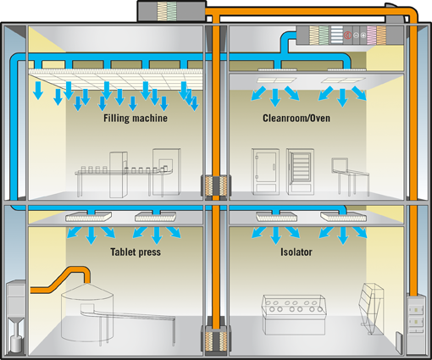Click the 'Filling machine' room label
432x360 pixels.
coord(136,118)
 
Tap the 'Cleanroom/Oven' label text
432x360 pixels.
coord(296,118)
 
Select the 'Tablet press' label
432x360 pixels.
coord(136,252)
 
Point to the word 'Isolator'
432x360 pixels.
coord(296,252)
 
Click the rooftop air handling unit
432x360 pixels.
coord(171,11)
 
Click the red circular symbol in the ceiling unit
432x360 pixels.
coord(347,35)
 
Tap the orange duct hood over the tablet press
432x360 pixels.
coord(61,280)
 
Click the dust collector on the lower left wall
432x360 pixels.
coord(16,316)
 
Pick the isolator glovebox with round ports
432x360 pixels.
coord(294,314)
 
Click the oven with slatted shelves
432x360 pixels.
coord(301,171)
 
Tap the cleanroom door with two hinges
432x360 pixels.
coord(265,171)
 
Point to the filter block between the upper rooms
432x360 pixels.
coord(216,186)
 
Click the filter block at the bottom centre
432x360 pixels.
coord(216,338)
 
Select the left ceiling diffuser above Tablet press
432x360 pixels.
coord(88,217)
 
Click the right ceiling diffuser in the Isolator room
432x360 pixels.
coord(344,217)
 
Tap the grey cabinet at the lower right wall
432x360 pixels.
coord(416,324)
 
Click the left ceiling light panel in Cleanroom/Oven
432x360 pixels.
coord(276,80)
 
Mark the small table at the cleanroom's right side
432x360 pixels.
coord(350,177)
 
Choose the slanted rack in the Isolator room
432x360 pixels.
coord(371,308)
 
